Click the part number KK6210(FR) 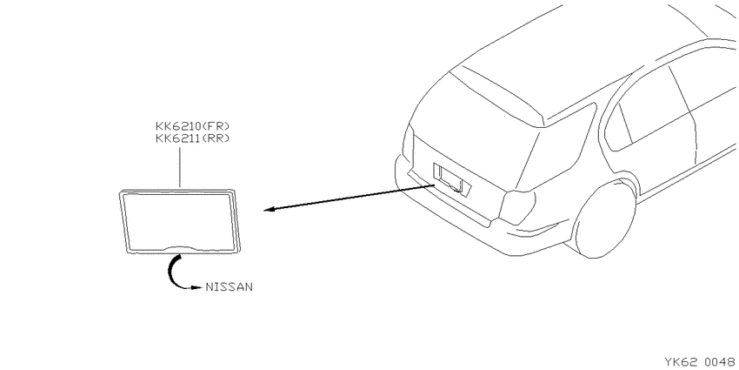point(192,126)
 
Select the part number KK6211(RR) point(192,138)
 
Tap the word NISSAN point(229,287)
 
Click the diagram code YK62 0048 point(699,362)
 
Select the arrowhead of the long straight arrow point(270,210)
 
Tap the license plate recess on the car point(451,179)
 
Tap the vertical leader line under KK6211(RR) point(180,167)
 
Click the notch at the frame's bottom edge point(179,248)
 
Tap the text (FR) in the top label point(216,126)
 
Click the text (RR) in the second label point(216,138)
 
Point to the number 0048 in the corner point(720,362)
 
